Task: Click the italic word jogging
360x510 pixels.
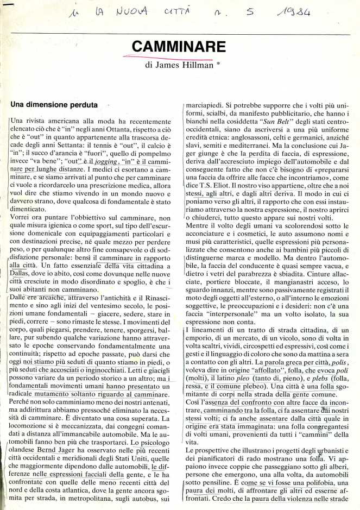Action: coord(105,162)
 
